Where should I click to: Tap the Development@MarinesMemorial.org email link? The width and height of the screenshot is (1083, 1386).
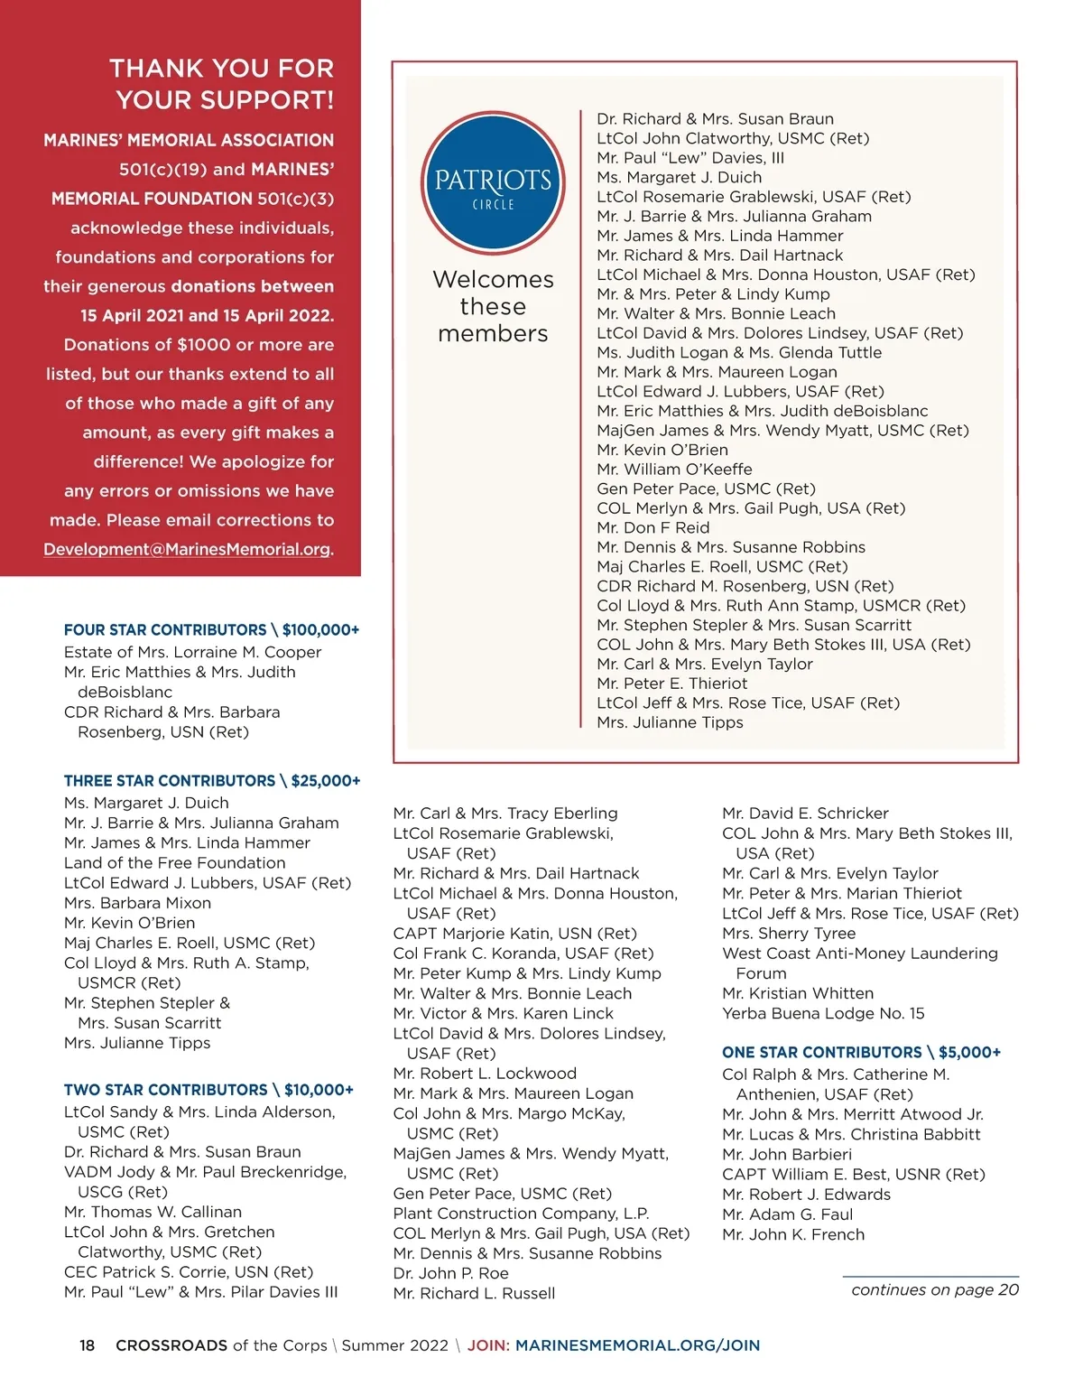pos(188,549)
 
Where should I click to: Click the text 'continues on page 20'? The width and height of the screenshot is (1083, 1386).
pos(935,1289)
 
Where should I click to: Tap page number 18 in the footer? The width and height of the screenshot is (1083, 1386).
pos(87,1345)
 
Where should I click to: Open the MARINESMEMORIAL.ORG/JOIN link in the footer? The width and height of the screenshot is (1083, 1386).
pos(637,1345)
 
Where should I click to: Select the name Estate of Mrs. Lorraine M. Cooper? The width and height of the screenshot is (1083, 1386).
pos(192,652)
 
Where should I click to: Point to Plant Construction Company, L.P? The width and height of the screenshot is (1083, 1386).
pos(521,1213)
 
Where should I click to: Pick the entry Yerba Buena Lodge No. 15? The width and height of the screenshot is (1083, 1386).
pos(823,1013)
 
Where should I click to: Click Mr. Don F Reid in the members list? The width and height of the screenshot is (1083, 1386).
pos(653,527)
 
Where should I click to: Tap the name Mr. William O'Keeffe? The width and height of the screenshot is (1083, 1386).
pos(674,469)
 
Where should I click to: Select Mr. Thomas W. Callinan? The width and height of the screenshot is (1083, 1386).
pos(153,1212)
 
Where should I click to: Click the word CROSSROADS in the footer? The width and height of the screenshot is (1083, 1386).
pos(171,1345)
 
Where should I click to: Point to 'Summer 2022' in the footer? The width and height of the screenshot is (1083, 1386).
pos(394,1345)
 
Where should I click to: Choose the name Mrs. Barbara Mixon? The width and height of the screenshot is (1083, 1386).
pos(137,903)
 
